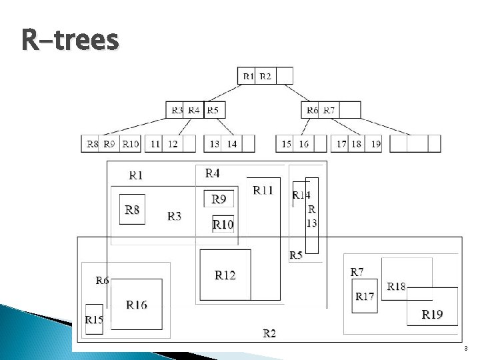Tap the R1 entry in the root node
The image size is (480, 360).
click(248, 76)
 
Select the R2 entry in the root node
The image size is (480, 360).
click(265, 76)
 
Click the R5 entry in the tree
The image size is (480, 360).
click(212, 110)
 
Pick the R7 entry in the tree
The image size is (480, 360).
click(329, 110)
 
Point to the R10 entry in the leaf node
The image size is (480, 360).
click(131, 143)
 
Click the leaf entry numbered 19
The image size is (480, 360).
click(376, 143)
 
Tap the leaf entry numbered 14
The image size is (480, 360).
click(232, 143)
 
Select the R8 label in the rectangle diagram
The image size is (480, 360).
click(132, 209)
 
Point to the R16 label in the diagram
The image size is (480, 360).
click(137, 305)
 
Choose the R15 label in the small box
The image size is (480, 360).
click(94, 320)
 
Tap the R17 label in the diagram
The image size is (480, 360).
click(365, 297)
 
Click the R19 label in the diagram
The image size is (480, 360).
click(432, 314)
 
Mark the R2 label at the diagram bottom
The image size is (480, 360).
click(269, 333)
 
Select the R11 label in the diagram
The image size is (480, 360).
click(263, 190)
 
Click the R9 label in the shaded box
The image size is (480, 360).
click(219, 199)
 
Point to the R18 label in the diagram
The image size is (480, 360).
click(396, 287)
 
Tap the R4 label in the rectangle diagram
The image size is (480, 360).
click(212, 173)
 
